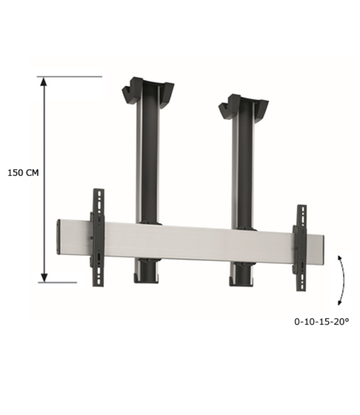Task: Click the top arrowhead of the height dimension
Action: coord(45,81)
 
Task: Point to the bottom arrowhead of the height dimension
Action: coord(45,277)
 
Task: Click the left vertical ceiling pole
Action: coord(147,160)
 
